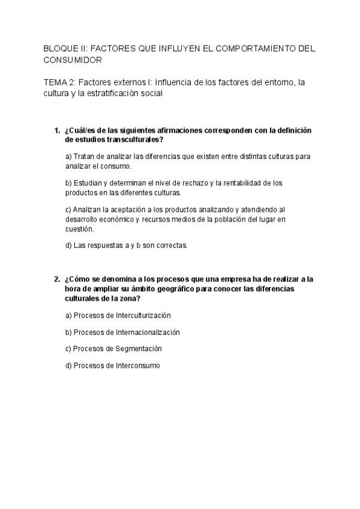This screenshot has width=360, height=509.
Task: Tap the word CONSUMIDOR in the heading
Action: coord(73,60)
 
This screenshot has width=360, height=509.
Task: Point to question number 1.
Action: coord(56,130)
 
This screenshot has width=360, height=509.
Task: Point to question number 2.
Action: coord(56,279)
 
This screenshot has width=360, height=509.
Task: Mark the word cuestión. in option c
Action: coord(80,229)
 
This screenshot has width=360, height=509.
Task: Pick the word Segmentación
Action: coord(139,348)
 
